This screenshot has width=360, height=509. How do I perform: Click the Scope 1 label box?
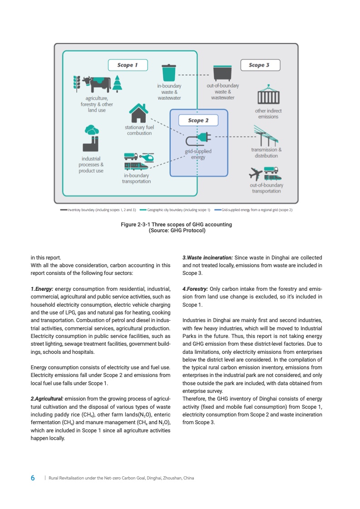pos(125,65)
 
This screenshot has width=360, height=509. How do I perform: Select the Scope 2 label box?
pos(196,120)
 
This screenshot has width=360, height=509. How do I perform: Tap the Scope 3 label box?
pos(259,65)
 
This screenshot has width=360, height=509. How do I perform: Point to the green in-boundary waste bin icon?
pos(169,73)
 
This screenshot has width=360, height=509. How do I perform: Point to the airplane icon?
pos(256,173)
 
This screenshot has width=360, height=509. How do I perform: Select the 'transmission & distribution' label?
pos(266,153)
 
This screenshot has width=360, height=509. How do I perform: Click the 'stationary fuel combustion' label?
pos(139,130)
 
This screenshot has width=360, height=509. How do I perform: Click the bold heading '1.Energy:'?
pos(42,289)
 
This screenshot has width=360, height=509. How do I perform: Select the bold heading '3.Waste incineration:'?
pos(207,258)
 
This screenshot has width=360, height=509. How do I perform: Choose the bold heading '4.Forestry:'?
pos(195,289)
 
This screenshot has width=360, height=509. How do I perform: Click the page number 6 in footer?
pos(33,478)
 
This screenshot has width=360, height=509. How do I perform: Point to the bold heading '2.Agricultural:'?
pos(47,398)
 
